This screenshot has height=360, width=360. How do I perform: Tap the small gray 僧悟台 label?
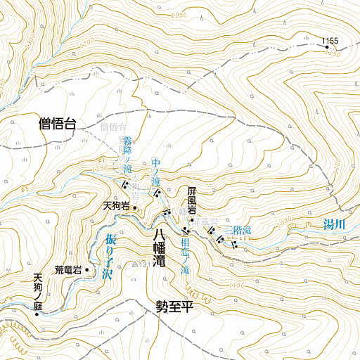pyautogui.click(x=113, y=127)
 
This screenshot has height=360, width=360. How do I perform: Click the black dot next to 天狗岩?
pyautogui.click(x=134, y=208)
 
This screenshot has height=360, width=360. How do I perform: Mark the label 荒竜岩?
pyautogui.click(x=68, y=270)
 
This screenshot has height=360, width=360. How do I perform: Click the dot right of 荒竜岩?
pyautogui.click(x=86, y=269)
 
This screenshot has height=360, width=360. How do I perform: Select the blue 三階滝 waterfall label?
pyautogui.click(x=237, y=230)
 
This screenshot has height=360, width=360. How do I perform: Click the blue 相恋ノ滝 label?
pyautogui.click(x=185, y=256)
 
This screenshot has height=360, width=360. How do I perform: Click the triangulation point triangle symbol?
pyautogui.click(x=136, y=264)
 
